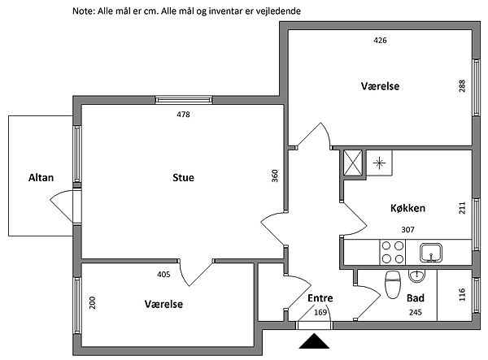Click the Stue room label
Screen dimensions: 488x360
[x=183, y=177]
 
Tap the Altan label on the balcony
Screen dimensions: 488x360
[x=41, y=177]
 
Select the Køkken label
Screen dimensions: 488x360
[x=407, y=208]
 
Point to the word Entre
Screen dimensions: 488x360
[x=320, y=298]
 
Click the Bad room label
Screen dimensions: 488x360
[x=416, y=298]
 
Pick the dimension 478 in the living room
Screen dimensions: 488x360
[x=183, y=115]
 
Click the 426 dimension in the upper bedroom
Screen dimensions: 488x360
[x=380, y=40]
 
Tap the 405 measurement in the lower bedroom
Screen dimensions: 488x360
[x=163, y=274]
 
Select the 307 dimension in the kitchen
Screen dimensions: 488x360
[x=407, y=230]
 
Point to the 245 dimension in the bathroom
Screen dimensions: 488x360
[x=416, y=312]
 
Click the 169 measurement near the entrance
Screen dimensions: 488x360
[x=320, y=312]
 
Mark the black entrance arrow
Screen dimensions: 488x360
[x=314, y=341]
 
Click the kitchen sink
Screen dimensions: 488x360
[x=431, y=253]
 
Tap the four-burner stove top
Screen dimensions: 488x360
[x=393, y=252]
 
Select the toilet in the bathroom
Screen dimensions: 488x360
[x=393, y=284]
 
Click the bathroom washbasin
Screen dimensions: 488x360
[x=416, y=276]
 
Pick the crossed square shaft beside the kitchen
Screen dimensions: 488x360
[x=353, y=163]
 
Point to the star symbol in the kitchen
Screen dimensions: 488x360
[x=379, y=163]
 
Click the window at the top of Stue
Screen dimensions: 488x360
[x=184, y=100]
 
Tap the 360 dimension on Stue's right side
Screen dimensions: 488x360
[x=275, y=176]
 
